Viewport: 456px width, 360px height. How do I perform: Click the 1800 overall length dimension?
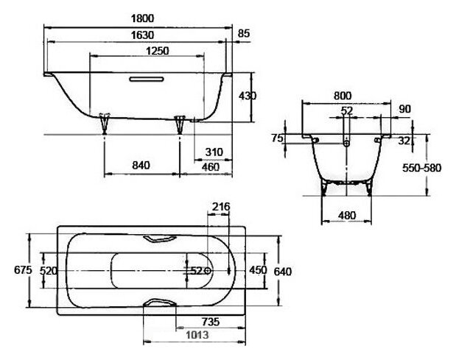pyautogui.click(x=142, y=18)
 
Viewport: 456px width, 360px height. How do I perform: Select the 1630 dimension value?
pyautogui.click(x=142, y=35)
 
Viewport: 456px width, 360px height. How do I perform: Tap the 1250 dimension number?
pyautogui.click(x=157, y=51)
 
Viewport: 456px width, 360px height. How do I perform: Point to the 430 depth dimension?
pyautogui.click(x=248, y=96)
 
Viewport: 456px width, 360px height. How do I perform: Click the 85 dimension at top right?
pyautogui.click(x=244, y=33)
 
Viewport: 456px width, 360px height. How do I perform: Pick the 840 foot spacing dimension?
pyautogui.click(x=141, y=166)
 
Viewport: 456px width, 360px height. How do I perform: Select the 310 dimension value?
pyautogui.click(x=214, y=152)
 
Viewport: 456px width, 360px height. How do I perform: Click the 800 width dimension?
pyautogui.click(x=343, y=96)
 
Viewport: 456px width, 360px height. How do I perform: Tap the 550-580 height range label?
pyautogui.click(x=421, y=168)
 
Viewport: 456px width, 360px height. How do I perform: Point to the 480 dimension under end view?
pyautogui.click(x=347, y=215)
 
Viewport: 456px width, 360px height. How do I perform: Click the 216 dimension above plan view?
pyautogui.click(x=221, y=207)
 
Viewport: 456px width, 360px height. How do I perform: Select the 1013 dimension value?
pyautogui.click(x=197, y=335)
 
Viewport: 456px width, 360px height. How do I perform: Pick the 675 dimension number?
pyautogui.click(x=23, y=270)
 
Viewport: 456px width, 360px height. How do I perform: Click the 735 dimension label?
pyautogui.click(x=211, y=322)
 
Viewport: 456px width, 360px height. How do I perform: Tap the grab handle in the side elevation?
pyautogui.click(x=147, y=79)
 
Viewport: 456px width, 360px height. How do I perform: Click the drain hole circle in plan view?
pyautogui.click(x=208, y=271)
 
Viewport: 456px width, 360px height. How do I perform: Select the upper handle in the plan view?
pyautogui.click(x=160, y=239)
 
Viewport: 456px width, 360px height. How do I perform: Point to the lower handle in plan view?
pyautogui.click(x=160, y=303)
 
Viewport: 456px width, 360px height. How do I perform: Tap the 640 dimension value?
pyautogui.click(x=283, y=272)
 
